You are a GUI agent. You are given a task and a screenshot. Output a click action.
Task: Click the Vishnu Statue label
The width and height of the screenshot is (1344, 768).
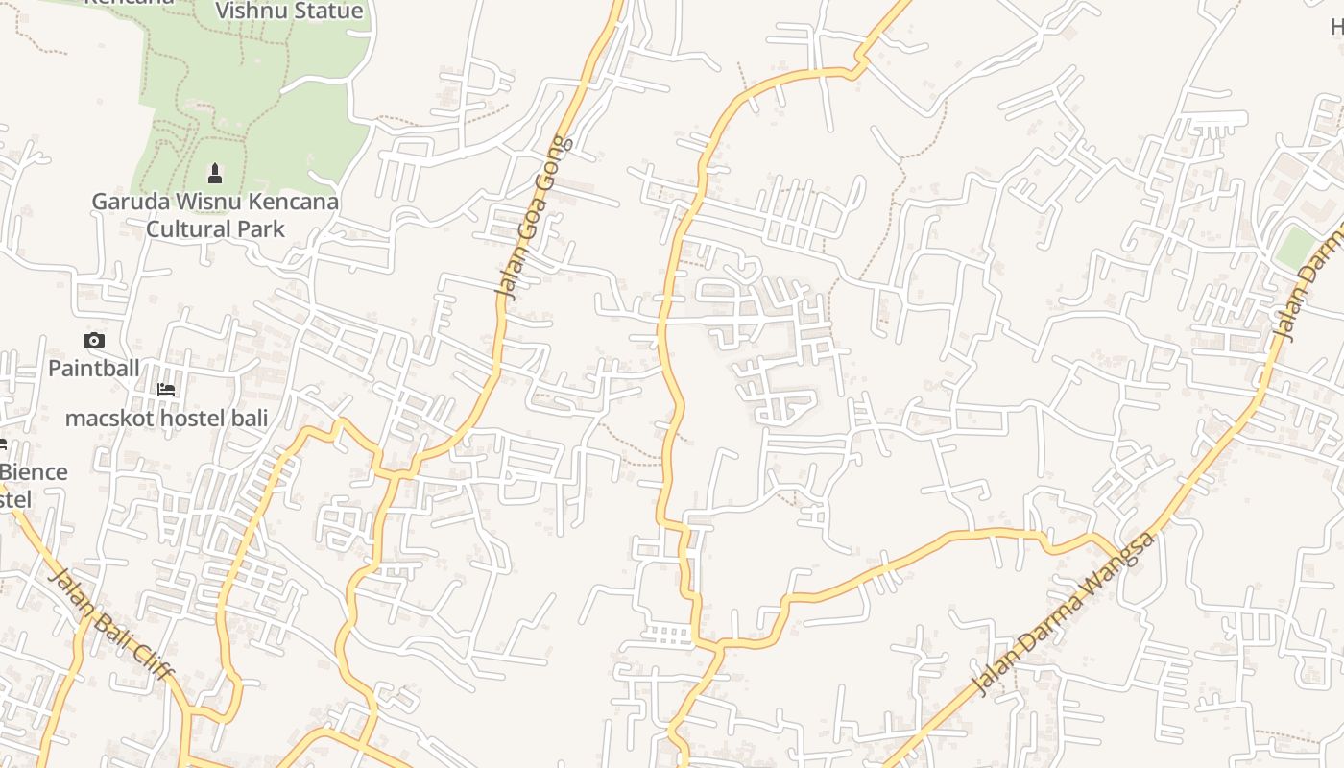(289, 12)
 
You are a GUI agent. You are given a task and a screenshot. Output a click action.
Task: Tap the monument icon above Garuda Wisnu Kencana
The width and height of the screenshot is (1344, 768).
(215, 174)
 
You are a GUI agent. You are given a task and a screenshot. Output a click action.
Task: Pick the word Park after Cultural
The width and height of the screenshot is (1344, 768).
(262, 229)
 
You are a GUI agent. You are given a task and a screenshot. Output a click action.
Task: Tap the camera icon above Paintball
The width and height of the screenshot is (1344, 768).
(94, 340)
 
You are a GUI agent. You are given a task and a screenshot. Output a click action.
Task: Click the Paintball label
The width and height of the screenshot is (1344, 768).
(94, 368)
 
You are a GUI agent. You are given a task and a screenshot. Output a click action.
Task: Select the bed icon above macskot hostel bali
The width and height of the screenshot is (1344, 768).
(166, 390)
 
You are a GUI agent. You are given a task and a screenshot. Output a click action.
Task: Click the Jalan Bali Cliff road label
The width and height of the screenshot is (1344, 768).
(109, 624)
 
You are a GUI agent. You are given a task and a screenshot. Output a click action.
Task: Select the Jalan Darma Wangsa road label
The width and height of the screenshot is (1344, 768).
(1063, 615)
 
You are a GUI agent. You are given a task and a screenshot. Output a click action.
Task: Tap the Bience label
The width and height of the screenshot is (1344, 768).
(35, 472)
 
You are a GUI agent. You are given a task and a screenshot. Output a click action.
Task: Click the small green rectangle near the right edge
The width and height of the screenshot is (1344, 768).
(1295, 248)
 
